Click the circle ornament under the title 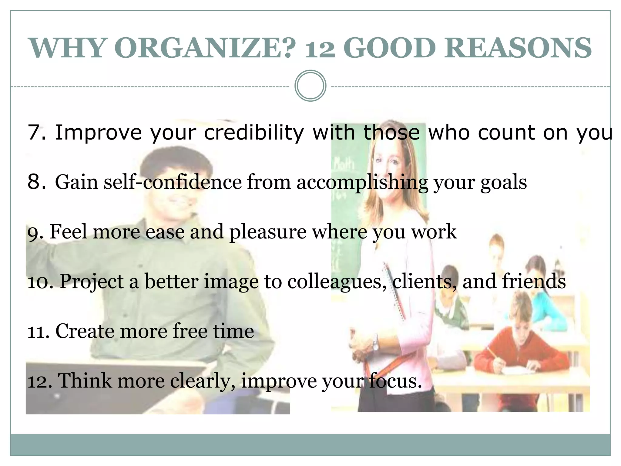pos(310,86)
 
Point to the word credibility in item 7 pos(254,133)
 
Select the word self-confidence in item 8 pos(173,182)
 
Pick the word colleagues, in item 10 pos(337,282)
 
